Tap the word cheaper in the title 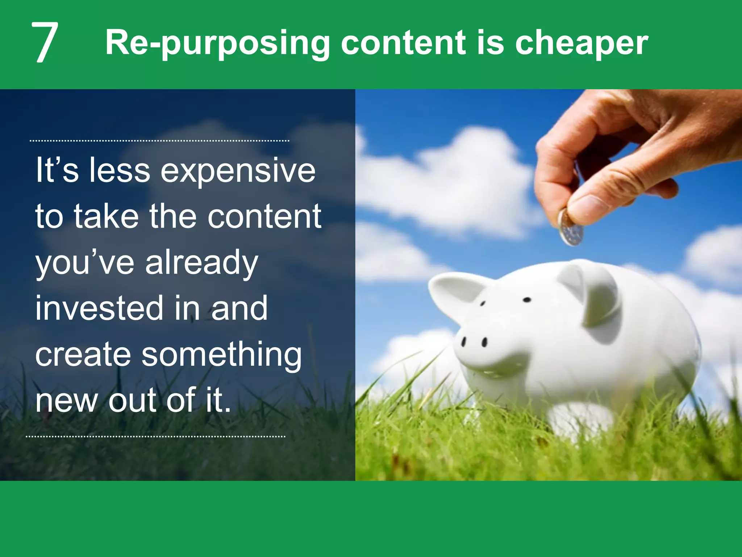[x=581, y=43]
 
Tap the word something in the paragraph [x=221, y=355]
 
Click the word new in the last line [x=67, y=400]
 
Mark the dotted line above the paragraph [x=159, y=141]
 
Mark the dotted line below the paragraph [x=156, y=437]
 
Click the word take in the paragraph [x=107, y=217]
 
